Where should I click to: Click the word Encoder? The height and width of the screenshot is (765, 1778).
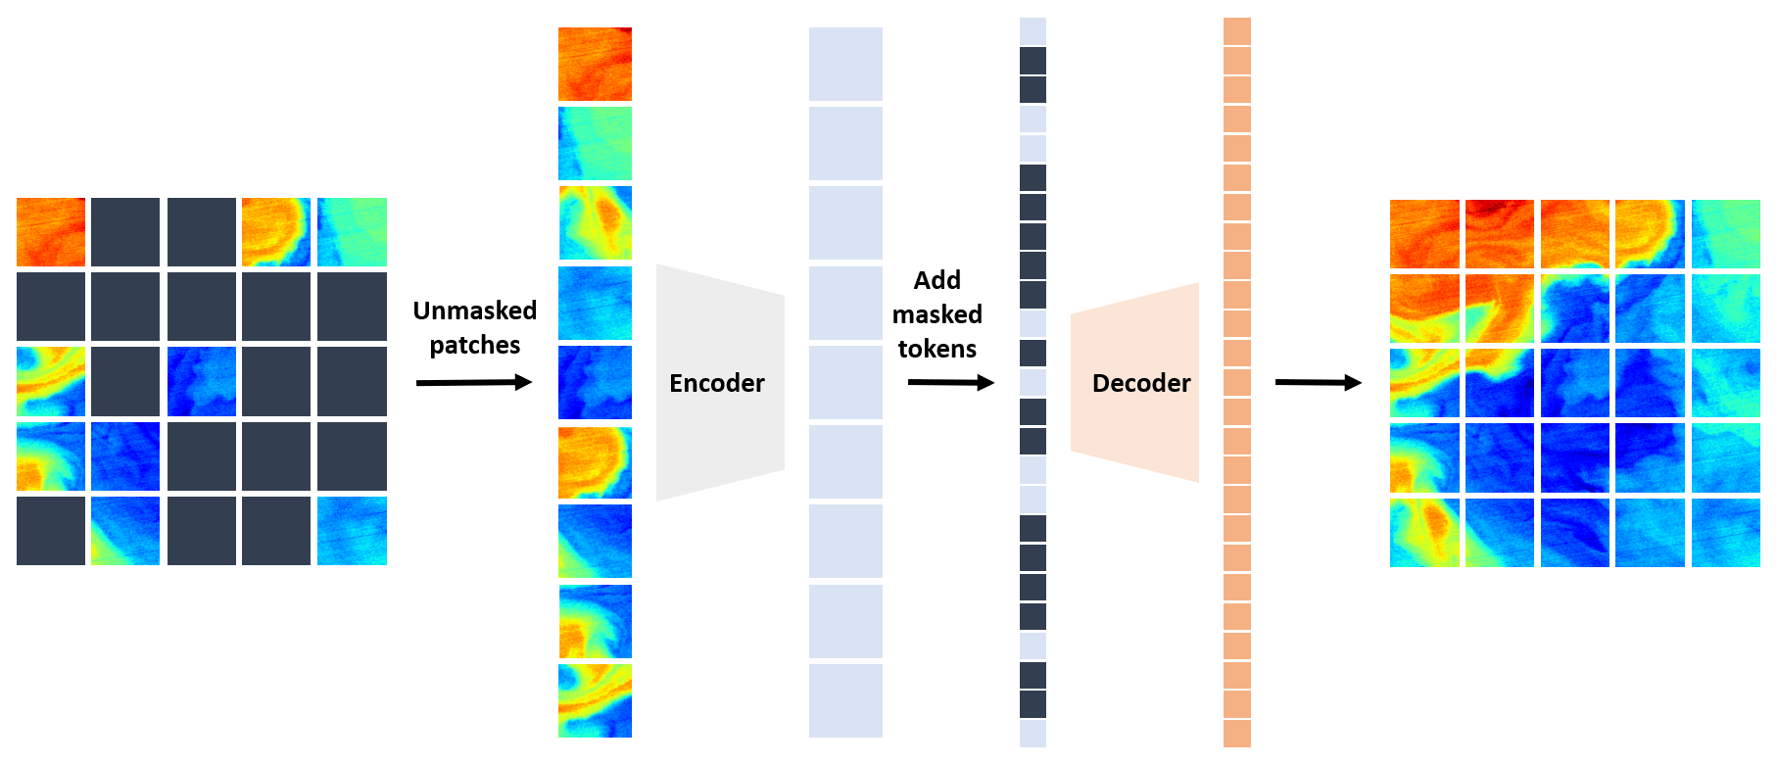tap(716, 383)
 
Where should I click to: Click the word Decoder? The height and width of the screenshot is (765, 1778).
tap(1141, 383)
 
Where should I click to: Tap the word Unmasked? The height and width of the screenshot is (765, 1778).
tap(475, 311)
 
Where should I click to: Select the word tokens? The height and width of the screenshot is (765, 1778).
tap(937, 349)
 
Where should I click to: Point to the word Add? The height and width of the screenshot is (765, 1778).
tap(937, 280)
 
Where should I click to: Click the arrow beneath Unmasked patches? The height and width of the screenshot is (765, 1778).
tap(474, 382)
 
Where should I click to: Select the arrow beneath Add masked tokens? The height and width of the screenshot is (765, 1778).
tap(950, 382)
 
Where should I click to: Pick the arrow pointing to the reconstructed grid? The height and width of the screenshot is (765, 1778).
tap(1318, 382)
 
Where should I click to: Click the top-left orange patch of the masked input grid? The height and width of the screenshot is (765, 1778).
tap(51, 232)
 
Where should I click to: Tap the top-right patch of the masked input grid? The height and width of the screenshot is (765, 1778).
tap(352, 232)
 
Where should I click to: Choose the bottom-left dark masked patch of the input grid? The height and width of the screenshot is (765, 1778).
tap(51, 531)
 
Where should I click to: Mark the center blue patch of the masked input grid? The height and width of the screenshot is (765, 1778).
tap(202, 381)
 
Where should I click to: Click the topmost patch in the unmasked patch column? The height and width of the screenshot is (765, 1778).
tap(595, 64)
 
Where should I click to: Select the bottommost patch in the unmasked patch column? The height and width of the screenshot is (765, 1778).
tap(595, 700)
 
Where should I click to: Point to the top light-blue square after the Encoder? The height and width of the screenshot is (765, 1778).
tap(845, 64)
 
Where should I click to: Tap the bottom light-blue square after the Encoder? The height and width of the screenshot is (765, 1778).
tap(845, 700)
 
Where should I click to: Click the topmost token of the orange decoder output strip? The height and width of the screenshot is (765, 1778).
tap(1237, 30)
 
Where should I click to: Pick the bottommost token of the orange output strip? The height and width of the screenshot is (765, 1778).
tap(1237, 734)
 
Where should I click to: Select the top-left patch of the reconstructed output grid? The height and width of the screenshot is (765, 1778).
tap(1424, 234)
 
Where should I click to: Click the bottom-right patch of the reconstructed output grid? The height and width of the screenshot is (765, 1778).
tap(1725, 533)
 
